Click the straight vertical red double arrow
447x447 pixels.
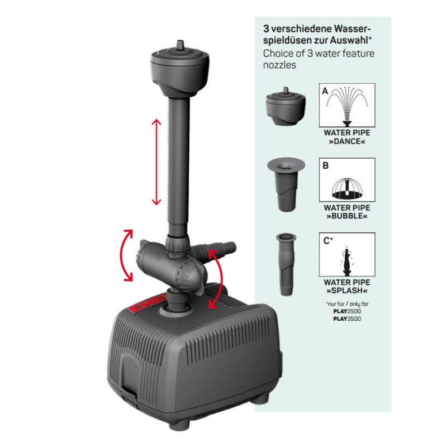tap(156, 162)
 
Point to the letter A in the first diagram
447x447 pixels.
tap(325, 91)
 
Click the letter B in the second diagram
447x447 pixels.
tap(325, 165)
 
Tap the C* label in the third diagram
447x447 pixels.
tap(328, 241)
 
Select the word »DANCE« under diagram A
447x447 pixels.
tap(347, 141)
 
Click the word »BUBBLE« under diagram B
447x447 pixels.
tap(347, 216)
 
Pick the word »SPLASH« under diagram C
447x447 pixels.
tap(347, 291)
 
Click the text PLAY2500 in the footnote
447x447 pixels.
tap(347, 311)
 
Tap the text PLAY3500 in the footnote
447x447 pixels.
tap(347, 318)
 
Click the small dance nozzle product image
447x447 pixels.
tap(286, 106)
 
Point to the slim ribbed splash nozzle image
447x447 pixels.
tap(286, 264)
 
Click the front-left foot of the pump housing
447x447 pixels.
tap(179, 425)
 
